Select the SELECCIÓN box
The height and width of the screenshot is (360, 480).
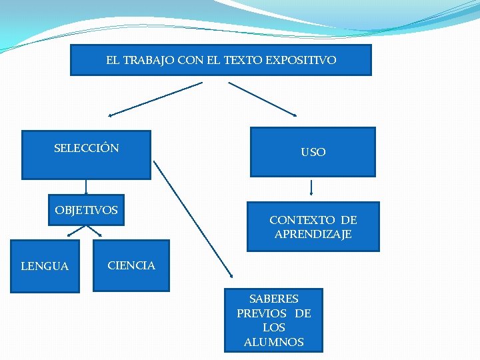pyautogui.click(x=86, y=155)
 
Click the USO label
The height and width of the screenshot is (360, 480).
pyautogui.click(x=313, y=152)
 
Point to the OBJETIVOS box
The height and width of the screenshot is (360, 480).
pyautogui.click(x=86, y=211)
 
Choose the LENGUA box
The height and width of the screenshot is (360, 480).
pyautogui.click(x=45, y=266)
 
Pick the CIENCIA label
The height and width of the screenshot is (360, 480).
pyautogui.click(x=131, y=265)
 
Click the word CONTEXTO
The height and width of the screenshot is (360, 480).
pyautogui.click(x=302, y=220)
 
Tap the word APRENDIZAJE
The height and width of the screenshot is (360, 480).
pyautogui.click(x=313, y=235)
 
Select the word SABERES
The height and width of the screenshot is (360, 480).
pyautogui.click(x=273, y=299)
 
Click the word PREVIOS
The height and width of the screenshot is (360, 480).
pyautogui.click(x=262, y=313)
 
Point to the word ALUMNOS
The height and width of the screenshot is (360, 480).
pyautogui.click(x=273, y=342)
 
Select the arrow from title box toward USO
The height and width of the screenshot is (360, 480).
pyautogui.click(x=263, y=99)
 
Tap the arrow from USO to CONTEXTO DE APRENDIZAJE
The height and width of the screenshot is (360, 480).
pyautogui.click(x=311, y=188)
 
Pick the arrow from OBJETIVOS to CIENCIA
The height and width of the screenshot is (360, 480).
pyautogui.click(x=95, y=231)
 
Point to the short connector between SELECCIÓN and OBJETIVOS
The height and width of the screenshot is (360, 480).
pyautogui.click(x=86, y=187)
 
